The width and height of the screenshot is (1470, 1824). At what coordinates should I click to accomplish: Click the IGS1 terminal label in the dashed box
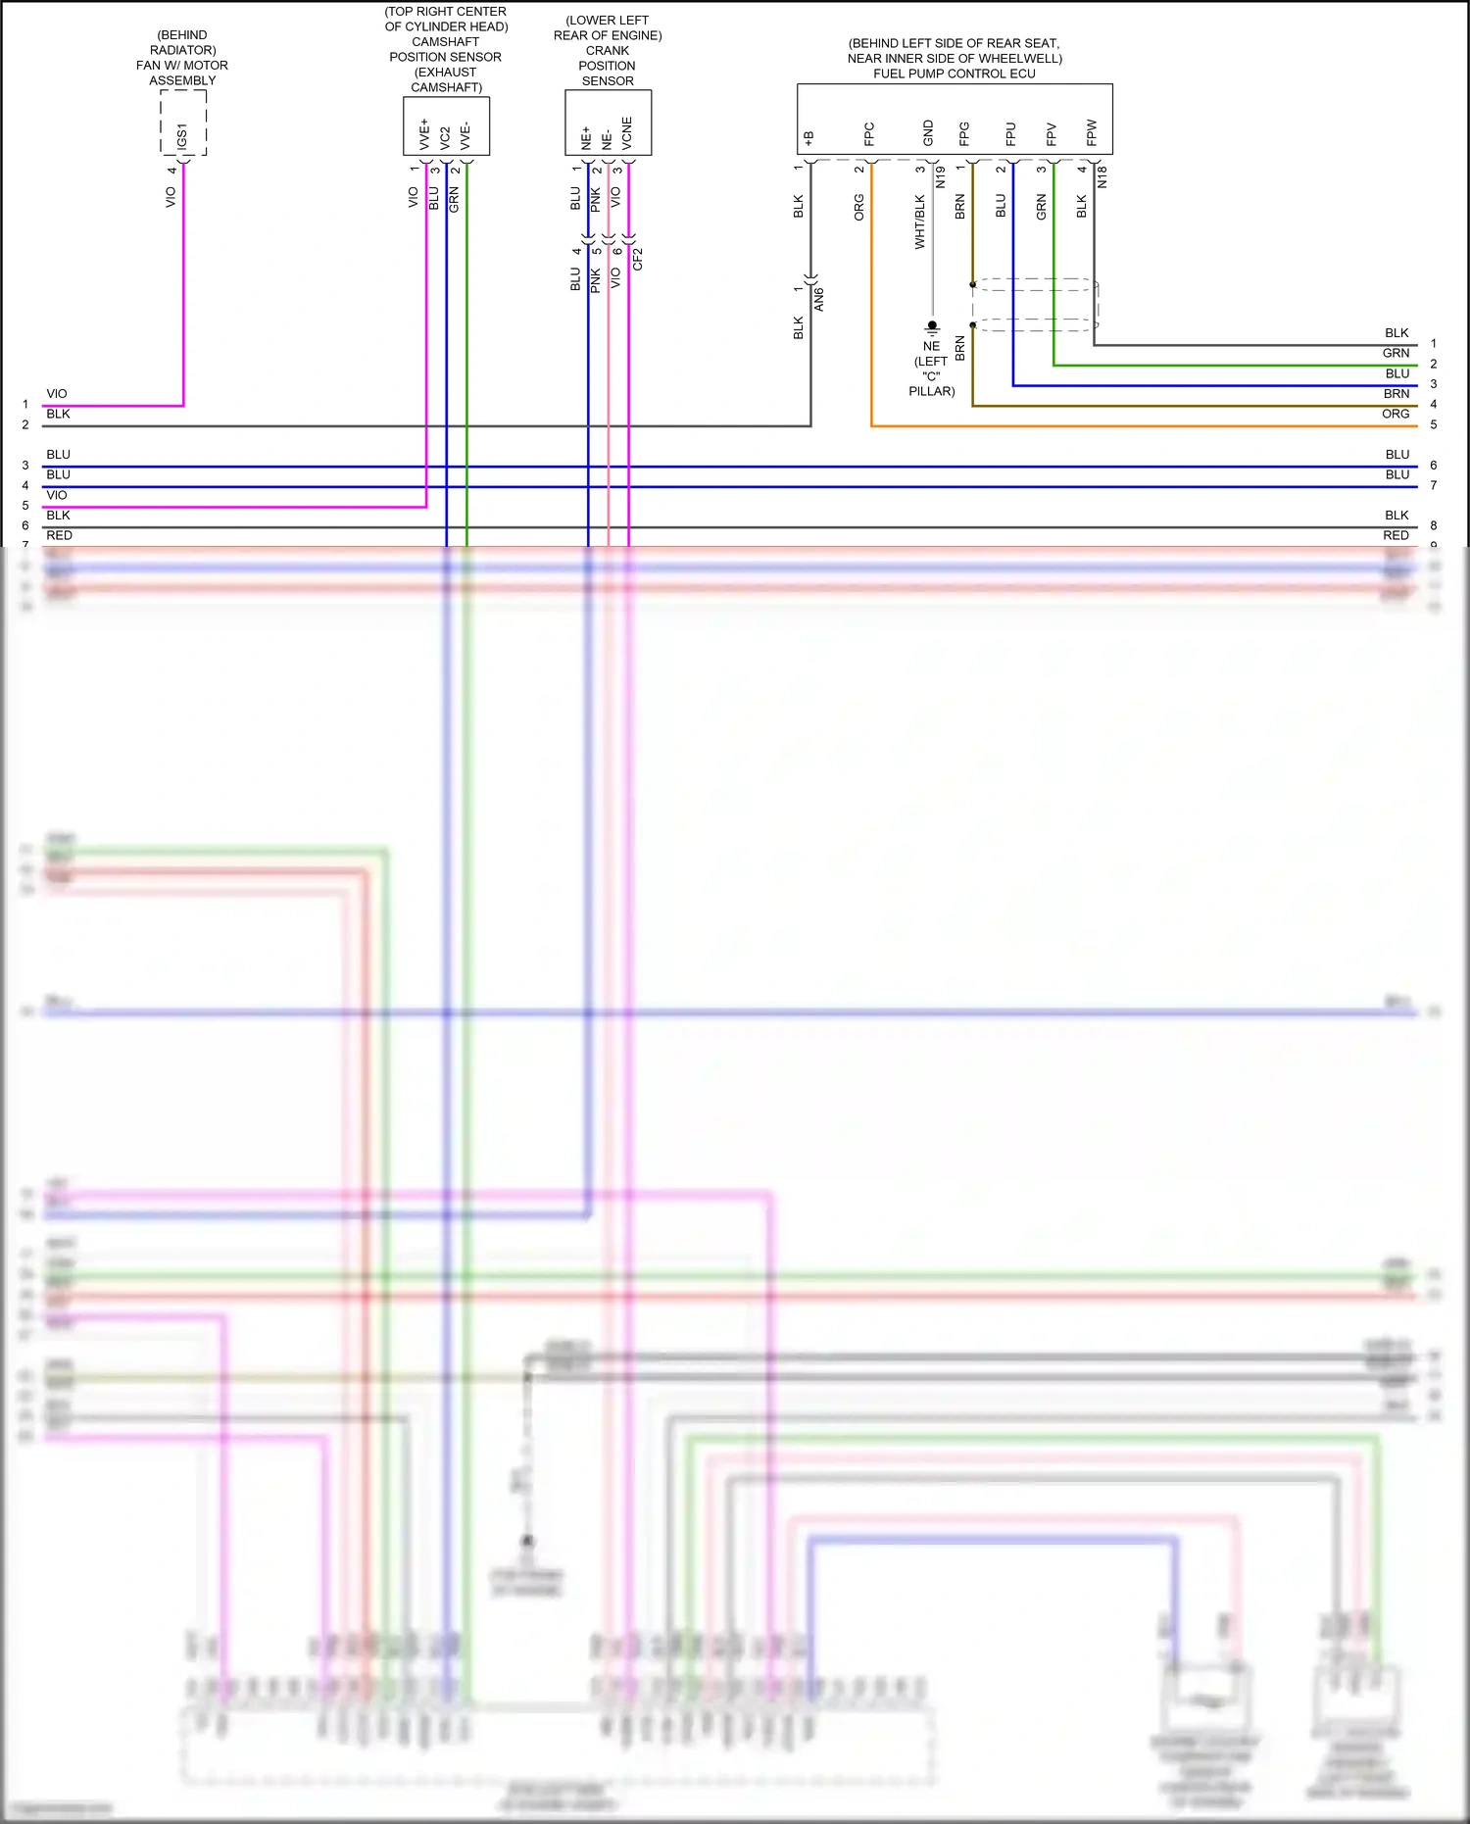coord(182,136)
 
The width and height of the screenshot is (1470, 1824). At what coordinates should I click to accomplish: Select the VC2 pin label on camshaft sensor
coord(445,137)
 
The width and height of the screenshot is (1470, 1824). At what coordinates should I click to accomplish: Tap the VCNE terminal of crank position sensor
coord(627,132)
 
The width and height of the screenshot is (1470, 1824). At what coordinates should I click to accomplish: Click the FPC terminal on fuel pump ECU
coord(869,133)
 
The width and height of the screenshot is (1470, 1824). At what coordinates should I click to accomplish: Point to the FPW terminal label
coord(1092,132)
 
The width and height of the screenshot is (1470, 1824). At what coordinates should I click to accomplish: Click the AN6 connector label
coord(819,300)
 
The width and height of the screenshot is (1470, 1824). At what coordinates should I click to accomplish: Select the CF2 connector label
coord(638,259)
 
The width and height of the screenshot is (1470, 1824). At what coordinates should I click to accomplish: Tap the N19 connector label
coord(940,177)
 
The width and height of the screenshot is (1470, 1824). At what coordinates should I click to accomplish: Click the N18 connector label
coord(1102,177)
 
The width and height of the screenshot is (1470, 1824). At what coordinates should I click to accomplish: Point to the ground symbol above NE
coord(932,327)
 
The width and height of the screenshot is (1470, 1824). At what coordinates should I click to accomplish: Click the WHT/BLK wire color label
coord(919,222)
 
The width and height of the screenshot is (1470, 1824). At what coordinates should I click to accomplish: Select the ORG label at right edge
coord(1396,414)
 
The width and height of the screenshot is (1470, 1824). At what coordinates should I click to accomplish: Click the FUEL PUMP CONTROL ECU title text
coord(954,74)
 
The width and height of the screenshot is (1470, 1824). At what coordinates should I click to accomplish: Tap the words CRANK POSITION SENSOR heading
coord(608,66)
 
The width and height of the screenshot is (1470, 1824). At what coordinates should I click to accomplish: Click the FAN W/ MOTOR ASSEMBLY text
coord(182,73)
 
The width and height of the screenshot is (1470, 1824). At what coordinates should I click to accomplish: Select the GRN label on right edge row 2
coord(1396,353)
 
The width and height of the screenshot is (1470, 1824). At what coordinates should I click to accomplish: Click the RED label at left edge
coord(59,535)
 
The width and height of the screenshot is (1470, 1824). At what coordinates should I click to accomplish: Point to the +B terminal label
coord(809,138)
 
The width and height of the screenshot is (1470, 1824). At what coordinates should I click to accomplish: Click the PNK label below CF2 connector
coord(596,280)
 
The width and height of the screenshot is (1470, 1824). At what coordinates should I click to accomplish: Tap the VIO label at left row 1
coord(57,394)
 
